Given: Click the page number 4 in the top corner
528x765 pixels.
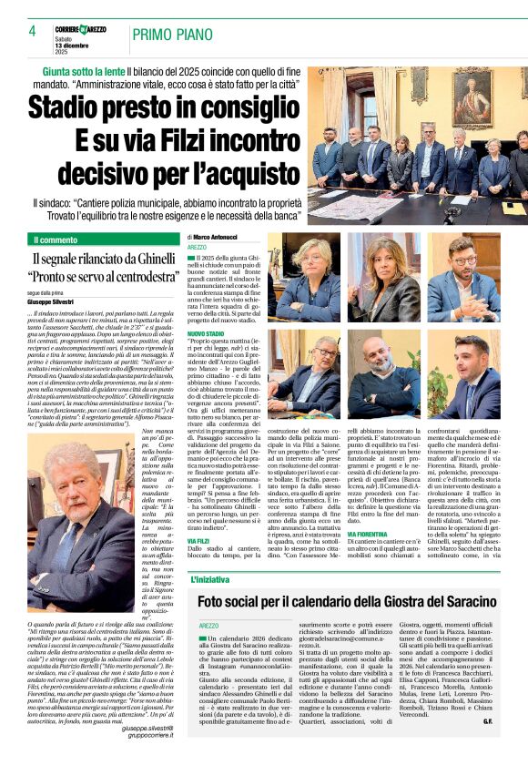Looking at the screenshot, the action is coord(32,31).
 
